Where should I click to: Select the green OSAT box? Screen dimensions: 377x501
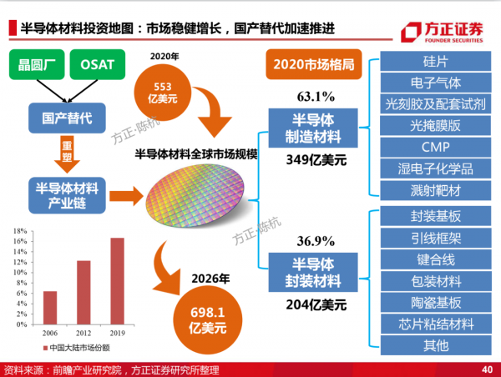coord(99,64)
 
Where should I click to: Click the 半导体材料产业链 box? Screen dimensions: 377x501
coord(64,194)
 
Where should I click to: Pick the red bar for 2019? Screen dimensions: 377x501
coord(118,281)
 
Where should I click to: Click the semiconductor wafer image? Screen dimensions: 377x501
coord(196,201)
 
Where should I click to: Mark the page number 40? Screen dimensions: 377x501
coord(487,369)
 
